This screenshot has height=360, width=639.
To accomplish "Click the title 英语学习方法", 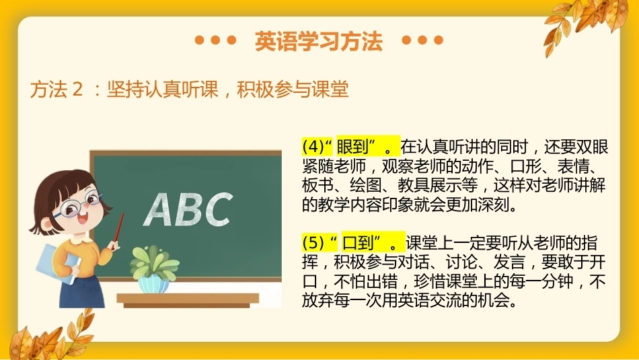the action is pos(319,41).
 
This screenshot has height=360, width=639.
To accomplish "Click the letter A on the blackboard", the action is pos(159,209).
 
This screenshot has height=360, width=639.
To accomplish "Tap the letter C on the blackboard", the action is pos(217,209).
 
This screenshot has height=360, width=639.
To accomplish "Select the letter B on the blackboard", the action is pos(187,209).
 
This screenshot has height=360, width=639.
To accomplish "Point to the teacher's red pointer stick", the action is pos(118,229).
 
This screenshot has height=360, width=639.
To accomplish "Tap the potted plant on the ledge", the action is pos(153,269).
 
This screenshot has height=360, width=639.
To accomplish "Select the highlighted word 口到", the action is pos(359,243).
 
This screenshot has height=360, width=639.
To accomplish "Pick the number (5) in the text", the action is pos(313,243).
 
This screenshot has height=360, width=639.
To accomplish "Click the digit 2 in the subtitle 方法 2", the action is pos(77,89).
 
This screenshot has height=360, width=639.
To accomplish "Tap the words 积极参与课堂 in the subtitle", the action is pos(293,89).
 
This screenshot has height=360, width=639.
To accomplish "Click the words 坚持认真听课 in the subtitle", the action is pos(163,89).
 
